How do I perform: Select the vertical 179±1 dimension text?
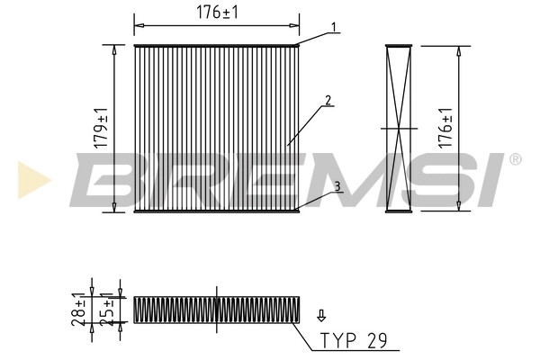[103, 129]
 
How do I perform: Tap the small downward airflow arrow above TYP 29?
[320, 315]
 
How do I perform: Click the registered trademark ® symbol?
[515, 159]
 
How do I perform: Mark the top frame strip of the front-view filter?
[215, 46]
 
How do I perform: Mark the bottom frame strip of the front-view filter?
[215, 212]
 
